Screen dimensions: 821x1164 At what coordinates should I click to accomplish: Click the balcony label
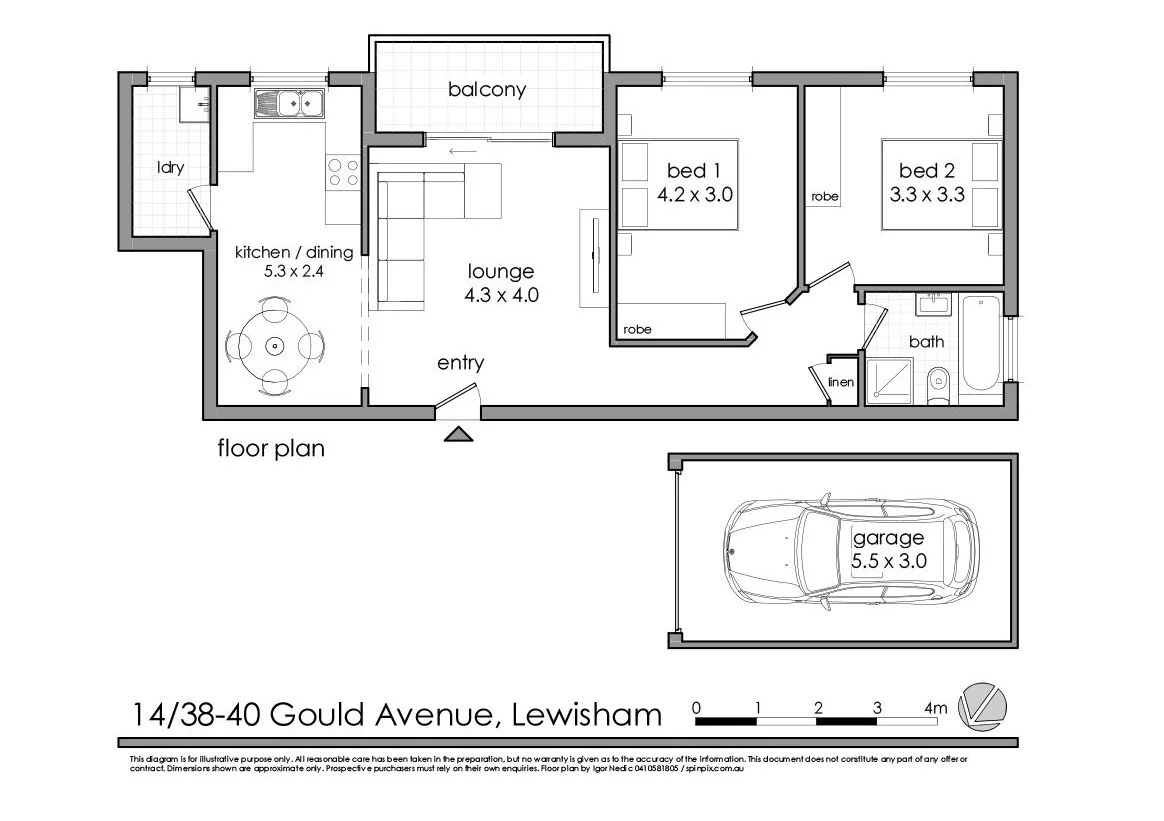(486, 90)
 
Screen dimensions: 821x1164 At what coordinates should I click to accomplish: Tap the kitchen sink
(289, 102)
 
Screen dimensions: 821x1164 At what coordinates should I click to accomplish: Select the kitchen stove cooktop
(343, 173)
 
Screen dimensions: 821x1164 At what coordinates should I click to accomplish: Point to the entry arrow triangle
(459, 433)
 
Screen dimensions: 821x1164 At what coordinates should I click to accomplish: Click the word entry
(460, 363)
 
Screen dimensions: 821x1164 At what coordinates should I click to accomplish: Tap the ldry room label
(170, 168)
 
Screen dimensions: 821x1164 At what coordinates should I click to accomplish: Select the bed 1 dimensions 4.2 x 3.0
(695, 195)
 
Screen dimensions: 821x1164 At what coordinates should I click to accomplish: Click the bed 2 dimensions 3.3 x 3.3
(926, 195)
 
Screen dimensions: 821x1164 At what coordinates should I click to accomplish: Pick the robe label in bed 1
(636, 329)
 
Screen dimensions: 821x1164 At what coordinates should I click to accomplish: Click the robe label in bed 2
(825, 196)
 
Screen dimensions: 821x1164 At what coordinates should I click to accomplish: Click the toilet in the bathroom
(938, 384)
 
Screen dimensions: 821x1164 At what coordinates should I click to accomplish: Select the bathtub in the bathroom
(979, 343)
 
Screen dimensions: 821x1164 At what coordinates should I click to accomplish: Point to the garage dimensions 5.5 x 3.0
(889, 561)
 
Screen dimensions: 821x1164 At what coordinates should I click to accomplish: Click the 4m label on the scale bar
(935, 709)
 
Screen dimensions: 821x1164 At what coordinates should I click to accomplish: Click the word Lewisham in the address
(587, 715)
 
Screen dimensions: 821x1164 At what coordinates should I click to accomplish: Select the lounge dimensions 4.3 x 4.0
(501, 296)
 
